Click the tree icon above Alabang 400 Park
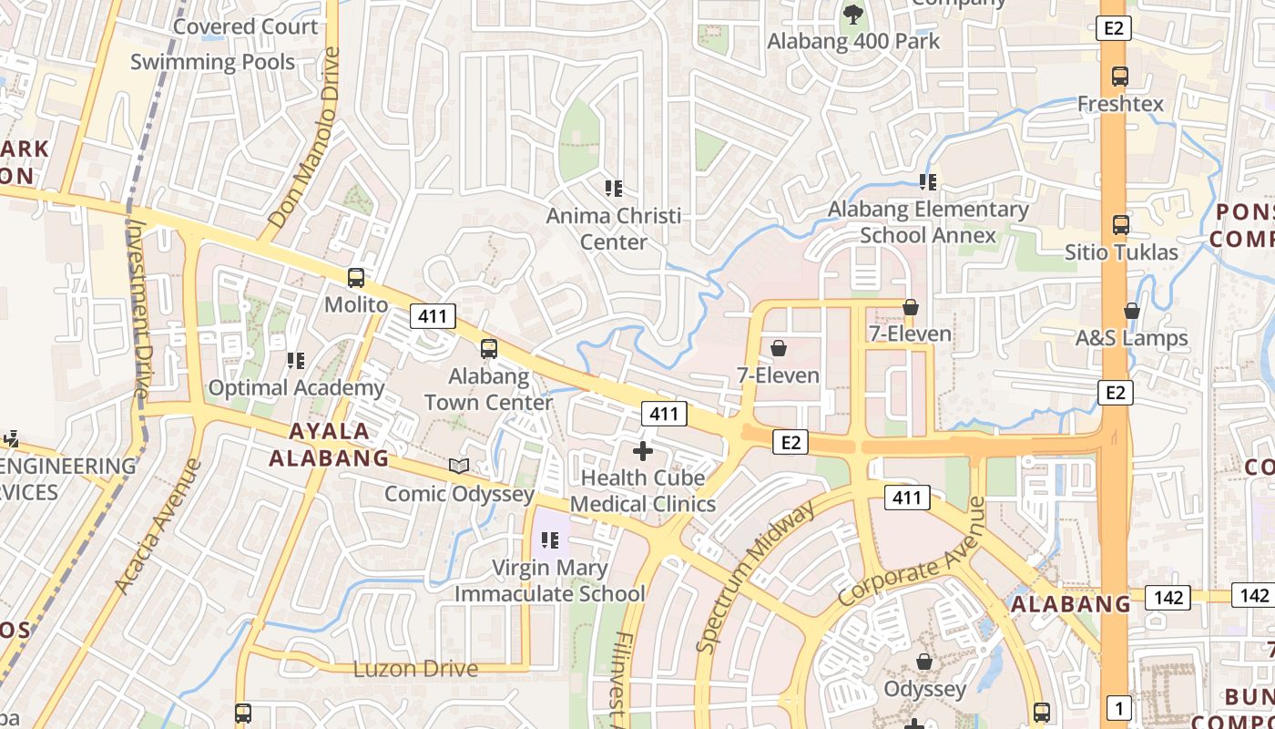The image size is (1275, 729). (852, 13)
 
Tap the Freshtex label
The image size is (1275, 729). (1120, 104)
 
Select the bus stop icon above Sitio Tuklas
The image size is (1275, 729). (1121, 224)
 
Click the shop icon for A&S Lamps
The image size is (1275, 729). (1132, 311)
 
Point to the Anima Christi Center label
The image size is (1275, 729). (614, 230)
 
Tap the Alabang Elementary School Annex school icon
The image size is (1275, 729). (928, 182)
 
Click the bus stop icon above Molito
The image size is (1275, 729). (356, 278)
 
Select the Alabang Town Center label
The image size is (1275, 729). (489, 389)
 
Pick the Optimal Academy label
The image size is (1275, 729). (296, 387)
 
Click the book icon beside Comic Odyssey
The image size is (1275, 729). (459, 467)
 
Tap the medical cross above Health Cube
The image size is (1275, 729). (643, 450)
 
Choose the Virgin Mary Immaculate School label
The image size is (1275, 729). (550, 580)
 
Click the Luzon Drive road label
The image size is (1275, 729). (415, 669)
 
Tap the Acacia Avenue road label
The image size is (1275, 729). (158, 527)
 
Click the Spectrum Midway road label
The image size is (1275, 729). (756, 576)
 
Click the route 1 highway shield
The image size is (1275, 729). (1118, 706)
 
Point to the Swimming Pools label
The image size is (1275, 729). (212, 62)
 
